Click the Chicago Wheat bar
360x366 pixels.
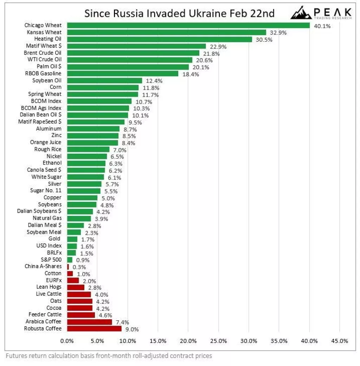pyautogui.click(x=188, y=25)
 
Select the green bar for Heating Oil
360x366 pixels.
pyautogui.click(x=160, y=39)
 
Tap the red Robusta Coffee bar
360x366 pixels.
pyautogui.click(x=94, y=328)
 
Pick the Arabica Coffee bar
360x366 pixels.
pyautogui.click(x=89, y=322)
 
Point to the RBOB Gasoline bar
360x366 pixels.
pyautogui.click(x=123, y=73)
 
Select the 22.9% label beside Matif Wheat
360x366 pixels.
pyautogui.click(x=218, y=46)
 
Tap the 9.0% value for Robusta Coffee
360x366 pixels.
pyautogui.click(x=132, y=329)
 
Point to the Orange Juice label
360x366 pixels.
pyautogui.click(x=45, y=142)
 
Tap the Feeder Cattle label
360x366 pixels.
pyautogui.click(x=45, y=315)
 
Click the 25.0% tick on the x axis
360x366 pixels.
pyautogui.click(x=218, y=341)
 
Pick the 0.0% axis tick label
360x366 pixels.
pyautogui.click(x=67, y=341)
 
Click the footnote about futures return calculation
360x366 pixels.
pyautogui.click(x=109, y=356)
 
